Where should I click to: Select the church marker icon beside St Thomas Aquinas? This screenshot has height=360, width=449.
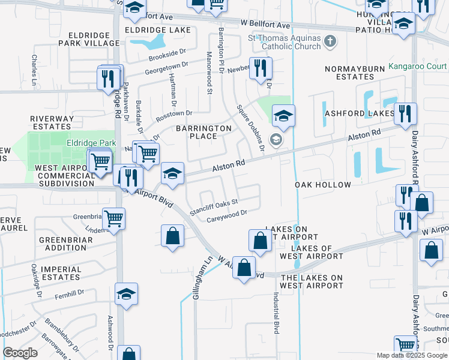329,41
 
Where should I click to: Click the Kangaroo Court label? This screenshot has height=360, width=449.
417,66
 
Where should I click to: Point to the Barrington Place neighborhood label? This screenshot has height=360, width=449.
203,132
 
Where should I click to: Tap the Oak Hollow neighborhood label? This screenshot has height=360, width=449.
323,185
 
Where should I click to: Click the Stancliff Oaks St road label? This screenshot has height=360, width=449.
214,207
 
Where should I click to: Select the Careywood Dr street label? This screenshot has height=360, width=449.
227,217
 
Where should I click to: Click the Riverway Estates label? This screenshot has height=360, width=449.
52,122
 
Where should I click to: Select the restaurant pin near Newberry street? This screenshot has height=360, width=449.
260,68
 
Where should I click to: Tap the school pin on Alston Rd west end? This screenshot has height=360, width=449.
172,174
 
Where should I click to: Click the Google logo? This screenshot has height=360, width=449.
20,353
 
